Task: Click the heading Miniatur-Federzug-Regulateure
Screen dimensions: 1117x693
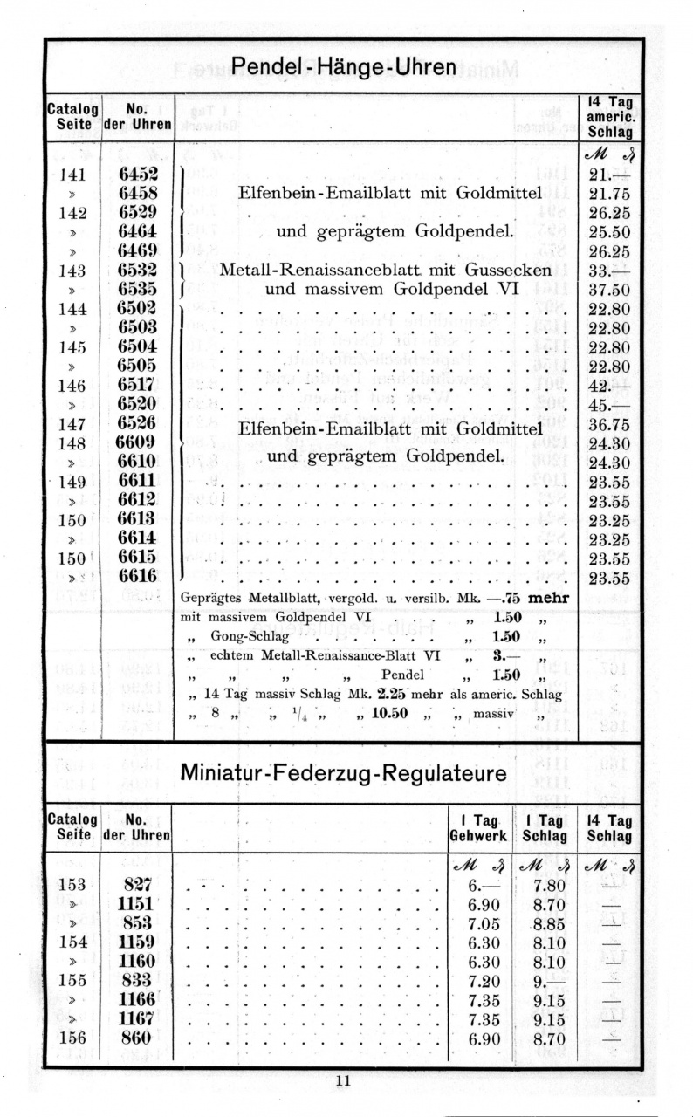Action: coord(344,774)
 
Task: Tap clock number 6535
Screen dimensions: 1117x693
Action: coord(137,288)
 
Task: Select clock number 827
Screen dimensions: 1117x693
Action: coord(137,883)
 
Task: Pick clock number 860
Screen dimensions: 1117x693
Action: coord(137,1038)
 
